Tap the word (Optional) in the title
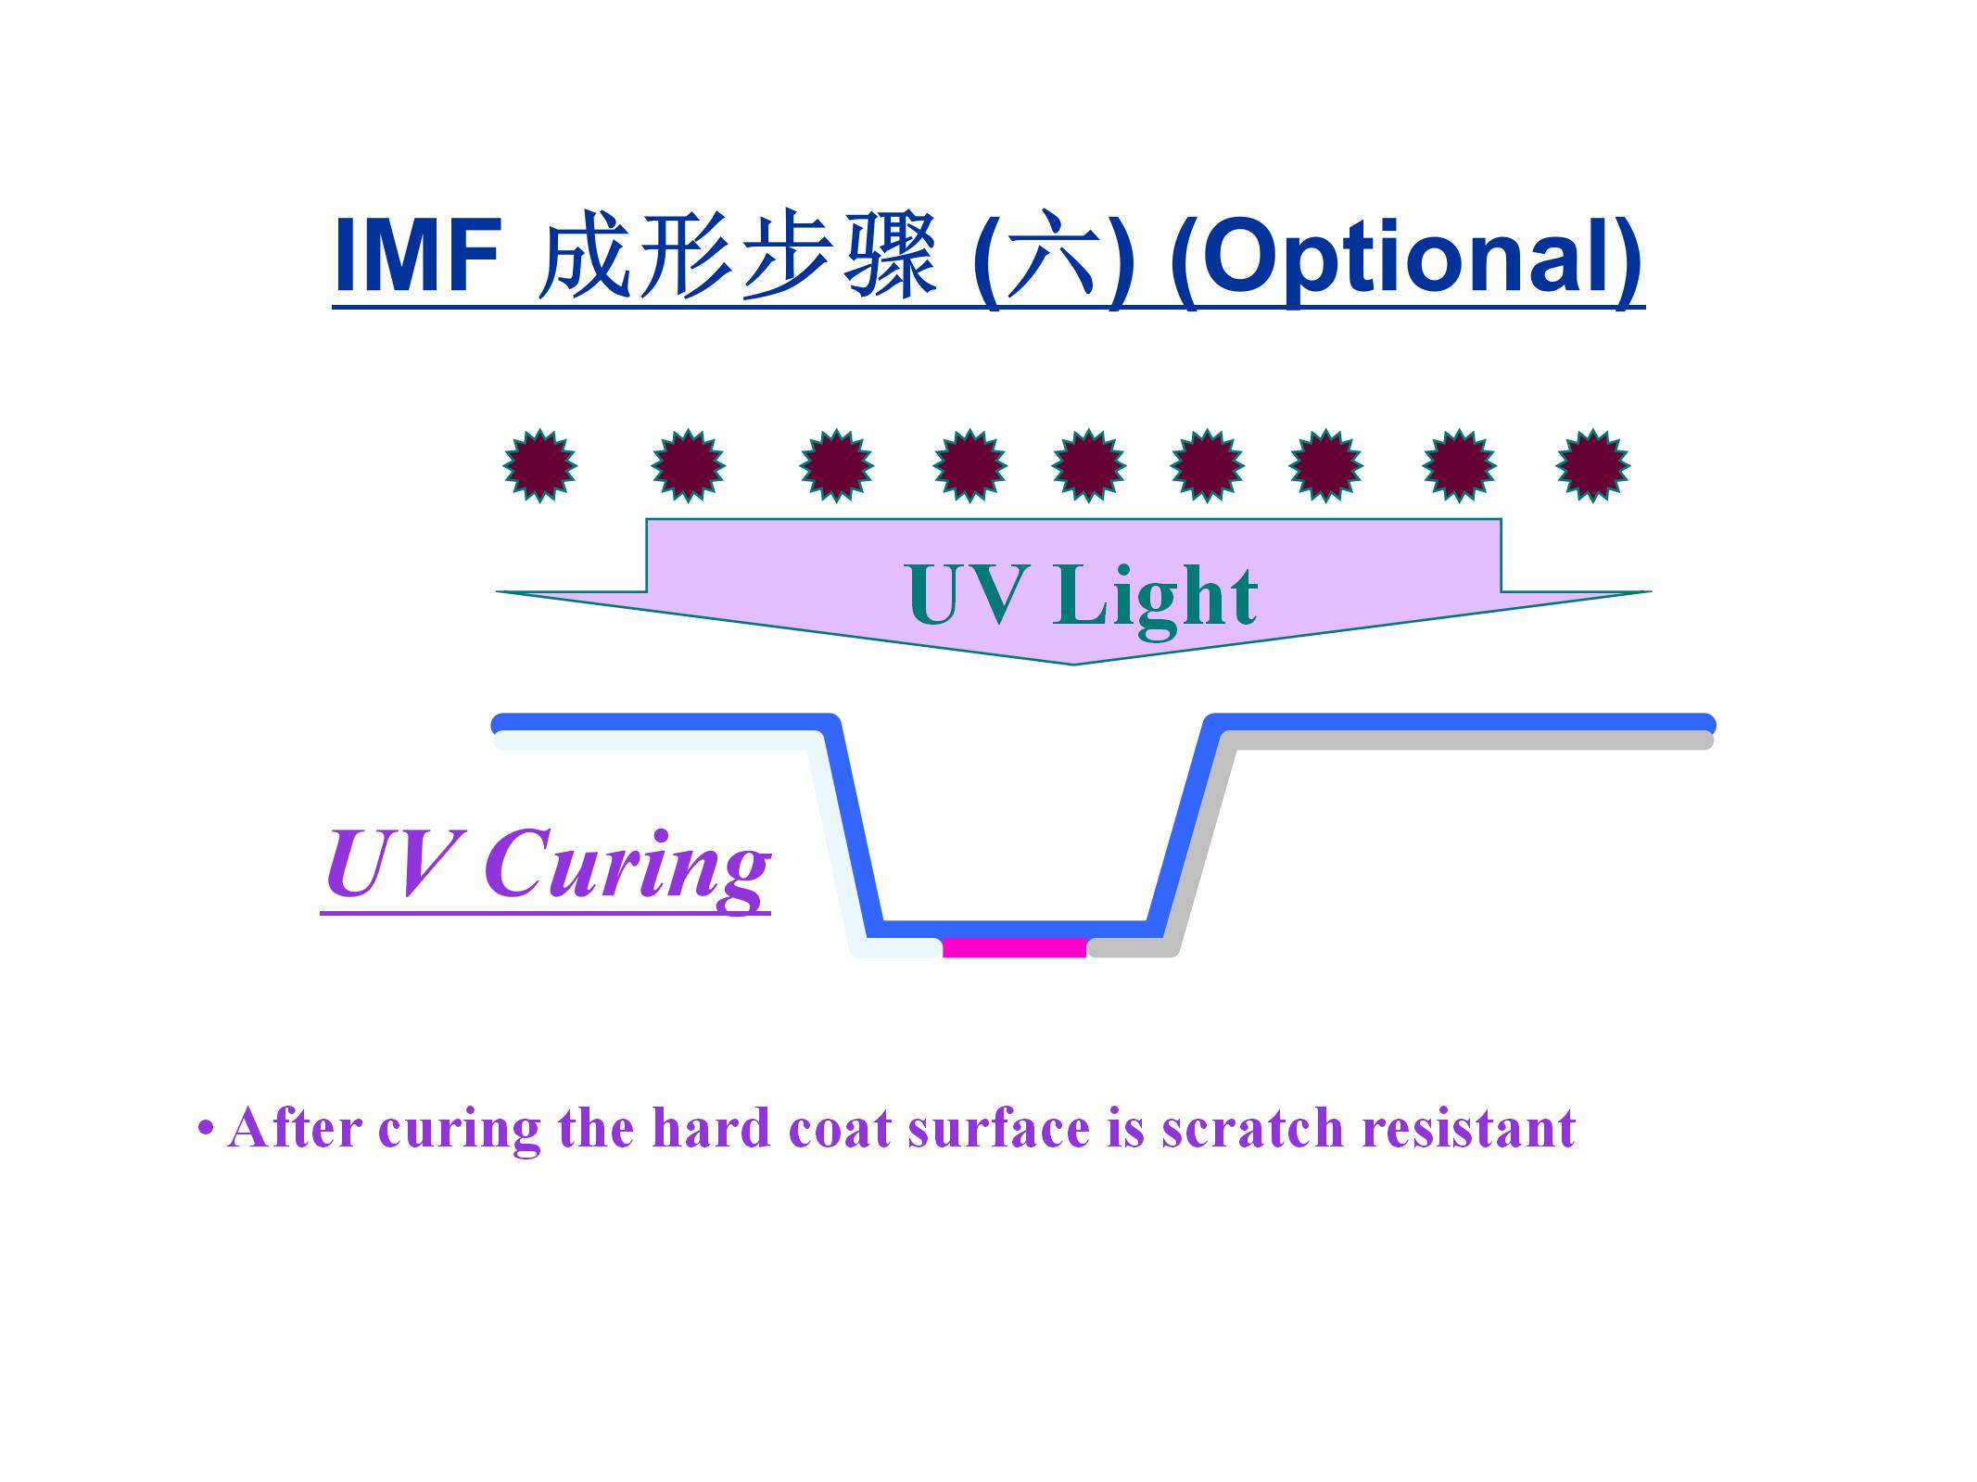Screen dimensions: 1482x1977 click(x=1406, y=257)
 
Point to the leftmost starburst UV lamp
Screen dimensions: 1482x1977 click(x=540, y=465)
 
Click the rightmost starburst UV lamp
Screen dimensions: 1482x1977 click(x=1592, y=465)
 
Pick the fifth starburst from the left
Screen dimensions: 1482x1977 click(x=1089, y=465)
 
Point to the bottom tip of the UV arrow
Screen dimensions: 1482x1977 click(x=1073, y=662)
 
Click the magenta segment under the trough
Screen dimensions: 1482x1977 click(x=1014, y=947)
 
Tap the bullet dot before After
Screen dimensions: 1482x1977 click(x=205, y=1130)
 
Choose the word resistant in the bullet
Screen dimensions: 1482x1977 click(x=1468, y=1129)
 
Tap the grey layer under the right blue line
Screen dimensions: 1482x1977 click(x=1464, y=741)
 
